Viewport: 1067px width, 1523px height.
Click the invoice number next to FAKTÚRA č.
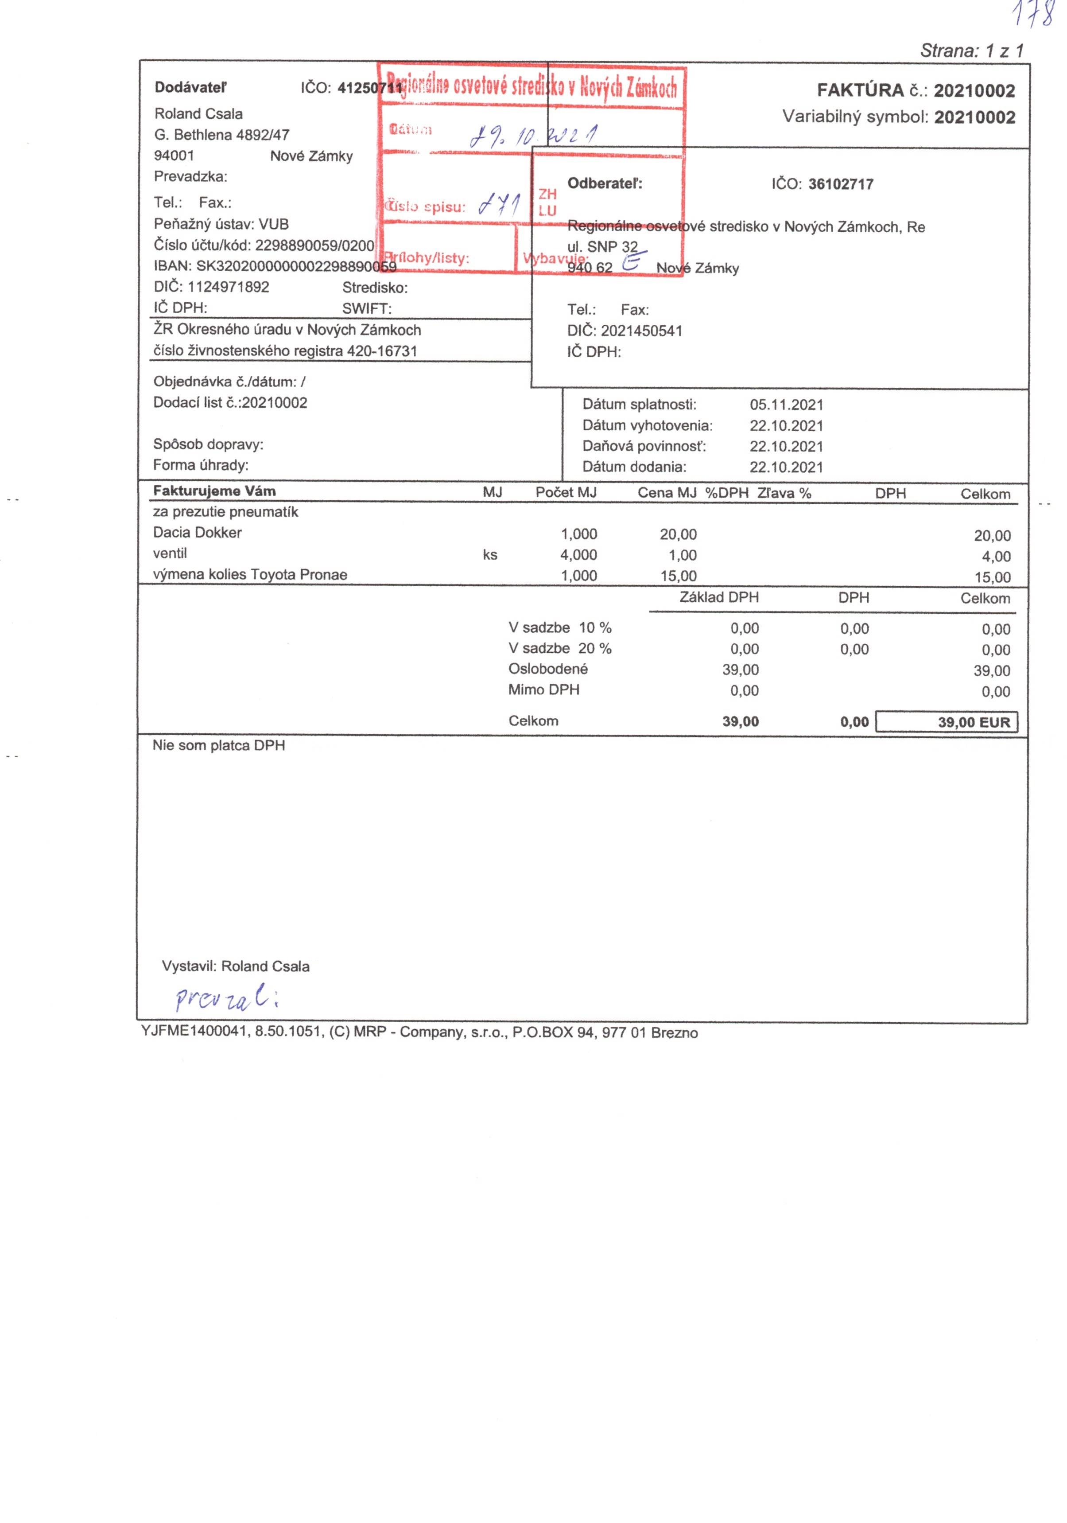tap(974, 91)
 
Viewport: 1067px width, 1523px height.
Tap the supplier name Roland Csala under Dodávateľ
tap(198, 113)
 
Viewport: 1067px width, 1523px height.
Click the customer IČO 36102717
tap(840, 184)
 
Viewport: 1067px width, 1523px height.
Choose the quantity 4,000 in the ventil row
tap(578, 555)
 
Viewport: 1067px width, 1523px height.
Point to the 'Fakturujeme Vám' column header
tap(214, 491)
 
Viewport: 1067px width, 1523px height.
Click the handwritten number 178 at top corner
tap(1033, 15)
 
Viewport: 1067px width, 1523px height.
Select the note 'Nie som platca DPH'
tap(219, 746)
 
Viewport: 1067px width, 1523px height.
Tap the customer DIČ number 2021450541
tap(641, 331)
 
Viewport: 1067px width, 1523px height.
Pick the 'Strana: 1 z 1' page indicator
tap(971, 51)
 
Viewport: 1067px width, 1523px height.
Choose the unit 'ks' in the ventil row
tap(489, 555)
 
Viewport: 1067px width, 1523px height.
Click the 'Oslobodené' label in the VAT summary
tap(548, 669)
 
